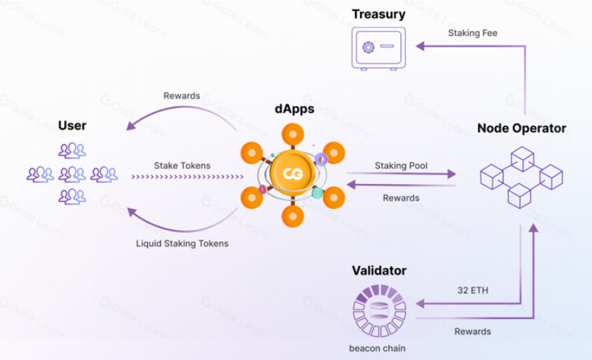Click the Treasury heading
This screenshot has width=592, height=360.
point(378,14)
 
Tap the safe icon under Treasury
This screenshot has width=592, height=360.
point(378,47)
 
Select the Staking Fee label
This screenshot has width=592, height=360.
point(473,33)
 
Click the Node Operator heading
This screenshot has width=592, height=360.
point(522,129)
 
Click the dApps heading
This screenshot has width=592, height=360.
point(294,109)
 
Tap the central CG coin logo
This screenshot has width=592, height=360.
point(292,174)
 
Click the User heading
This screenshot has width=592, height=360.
point(72,126)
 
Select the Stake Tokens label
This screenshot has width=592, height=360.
point(182,165)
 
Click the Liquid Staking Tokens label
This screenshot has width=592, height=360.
point(182,243)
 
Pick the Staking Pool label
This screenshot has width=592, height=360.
point(401,165)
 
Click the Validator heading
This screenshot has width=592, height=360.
point(379,271)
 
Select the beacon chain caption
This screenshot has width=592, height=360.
point(377,349)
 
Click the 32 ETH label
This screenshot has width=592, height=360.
point(473,290)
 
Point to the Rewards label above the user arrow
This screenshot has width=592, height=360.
point(182,96)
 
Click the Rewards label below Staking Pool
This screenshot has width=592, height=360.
point(401,198)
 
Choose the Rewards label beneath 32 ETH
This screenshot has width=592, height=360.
point(473,331)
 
